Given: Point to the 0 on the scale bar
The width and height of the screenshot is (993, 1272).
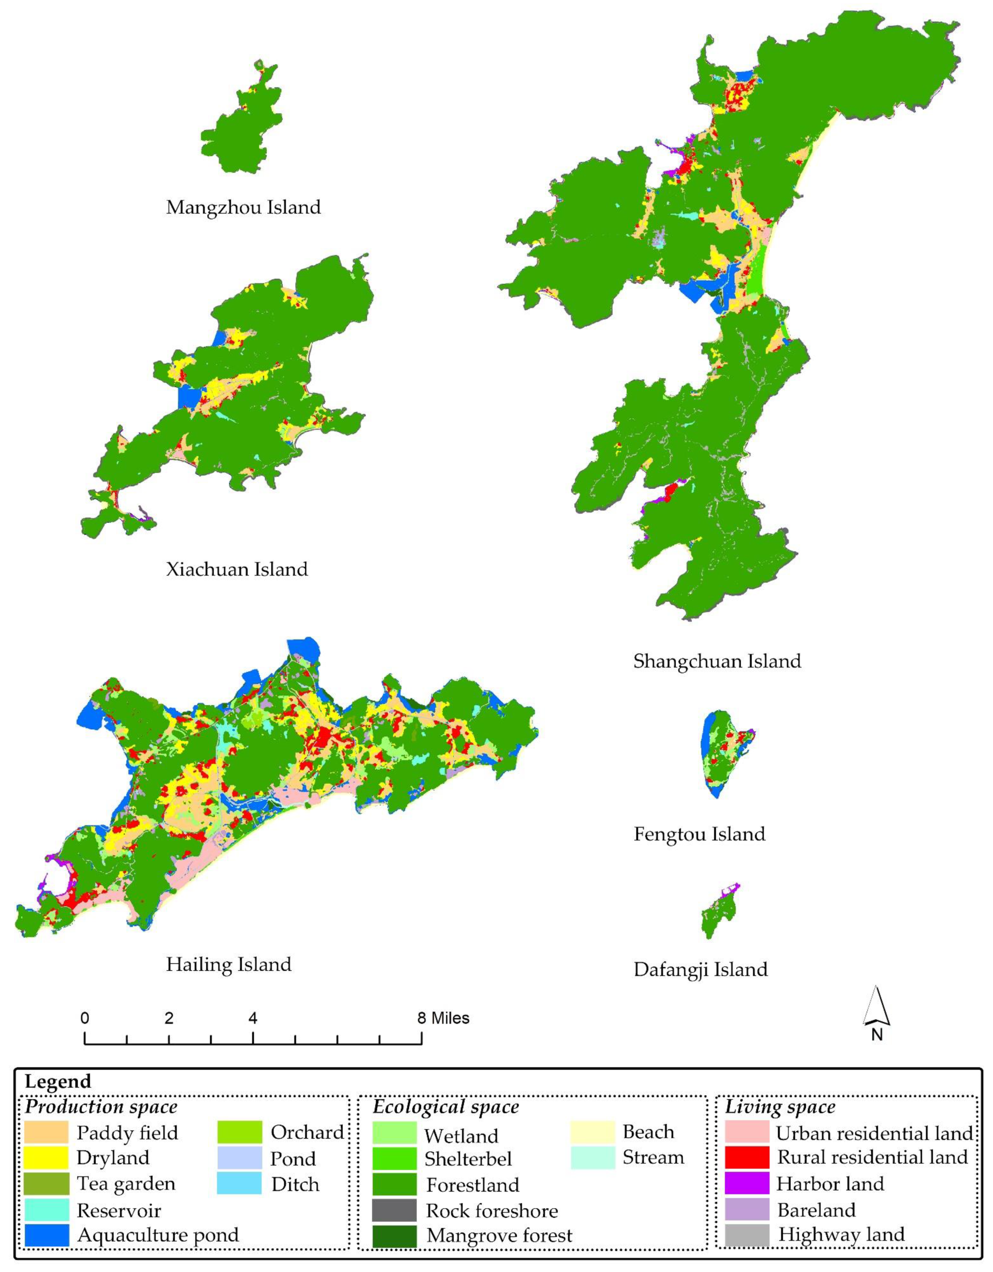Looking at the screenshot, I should tap(85, 1019).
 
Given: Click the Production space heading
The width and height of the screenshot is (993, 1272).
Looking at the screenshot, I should tap(101, 1107).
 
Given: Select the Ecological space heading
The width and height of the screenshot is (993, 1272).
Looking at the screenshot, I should tap(445, 1107).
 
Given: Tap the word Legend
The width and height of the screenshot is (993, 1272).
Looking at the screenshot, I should tap(58, 1082).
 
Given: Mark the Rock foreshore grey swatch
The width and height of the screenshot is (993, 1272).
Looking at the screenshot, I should tap(394, 1210).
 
